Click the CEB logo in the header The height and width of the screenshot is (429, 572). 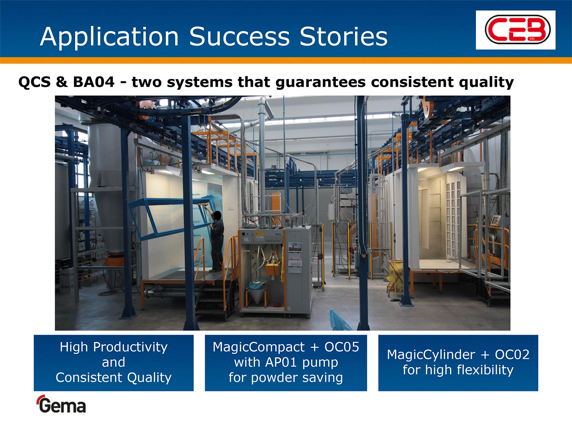pos(516,30)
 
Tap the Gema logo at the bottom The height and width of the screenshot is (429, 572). pos(61,404)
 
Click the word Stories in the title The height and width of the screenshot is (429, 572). pos(344,36)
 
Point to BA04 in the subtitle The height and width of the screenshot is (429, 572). pos(94,82)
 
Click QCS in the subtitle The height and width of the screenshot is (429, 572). pos(34,82)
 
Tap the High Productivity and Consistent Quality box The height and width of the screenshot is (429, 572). pos(114,363)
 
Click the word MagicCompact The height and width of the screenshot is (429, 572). pos(259,347)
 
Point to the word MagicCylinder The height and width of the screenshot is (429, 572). pos(431,355)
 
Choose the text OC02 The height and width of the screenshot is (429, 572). pos(512,355)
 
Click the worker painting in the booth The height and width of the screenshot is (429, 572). pos(216,240)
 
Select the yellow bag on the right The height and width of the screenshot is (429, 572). pos(395,275)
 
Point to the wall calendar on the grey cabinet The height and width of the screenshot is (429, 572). pos(295,258)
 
